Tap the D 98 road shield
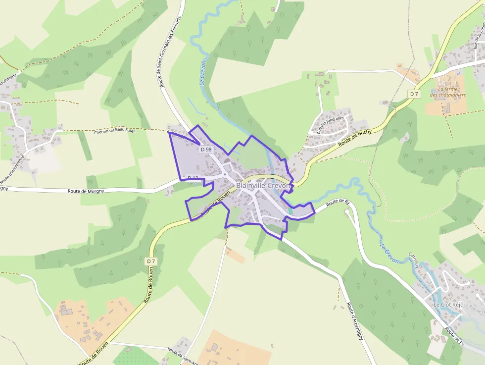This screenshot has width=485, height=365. (x=205, y=149)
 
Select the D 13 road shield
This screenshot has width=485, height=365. (x=193, y=178)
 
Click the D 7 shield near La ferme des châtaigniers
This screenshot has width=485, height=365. (x=414, y=94)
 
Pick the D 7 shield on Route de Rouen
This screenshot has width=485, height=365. (x=151, y=261)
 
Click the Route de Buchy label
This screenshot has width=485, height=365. (x=355, y=138)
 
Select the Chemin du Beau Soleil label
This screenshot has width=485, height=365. (x=121, y=132)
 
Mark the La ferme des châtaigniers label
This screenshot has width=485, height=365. (x=447, y=92)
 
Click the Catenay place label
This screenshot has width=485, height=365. (x=414, y=260)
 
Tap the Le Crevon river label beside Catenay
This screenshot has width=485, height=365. (x=389, y=253)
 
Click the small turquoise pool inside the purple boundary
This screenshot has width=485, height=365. (x=290, y=211)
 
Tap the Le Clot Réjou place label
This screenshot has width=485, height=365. (x=447, y=305)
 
